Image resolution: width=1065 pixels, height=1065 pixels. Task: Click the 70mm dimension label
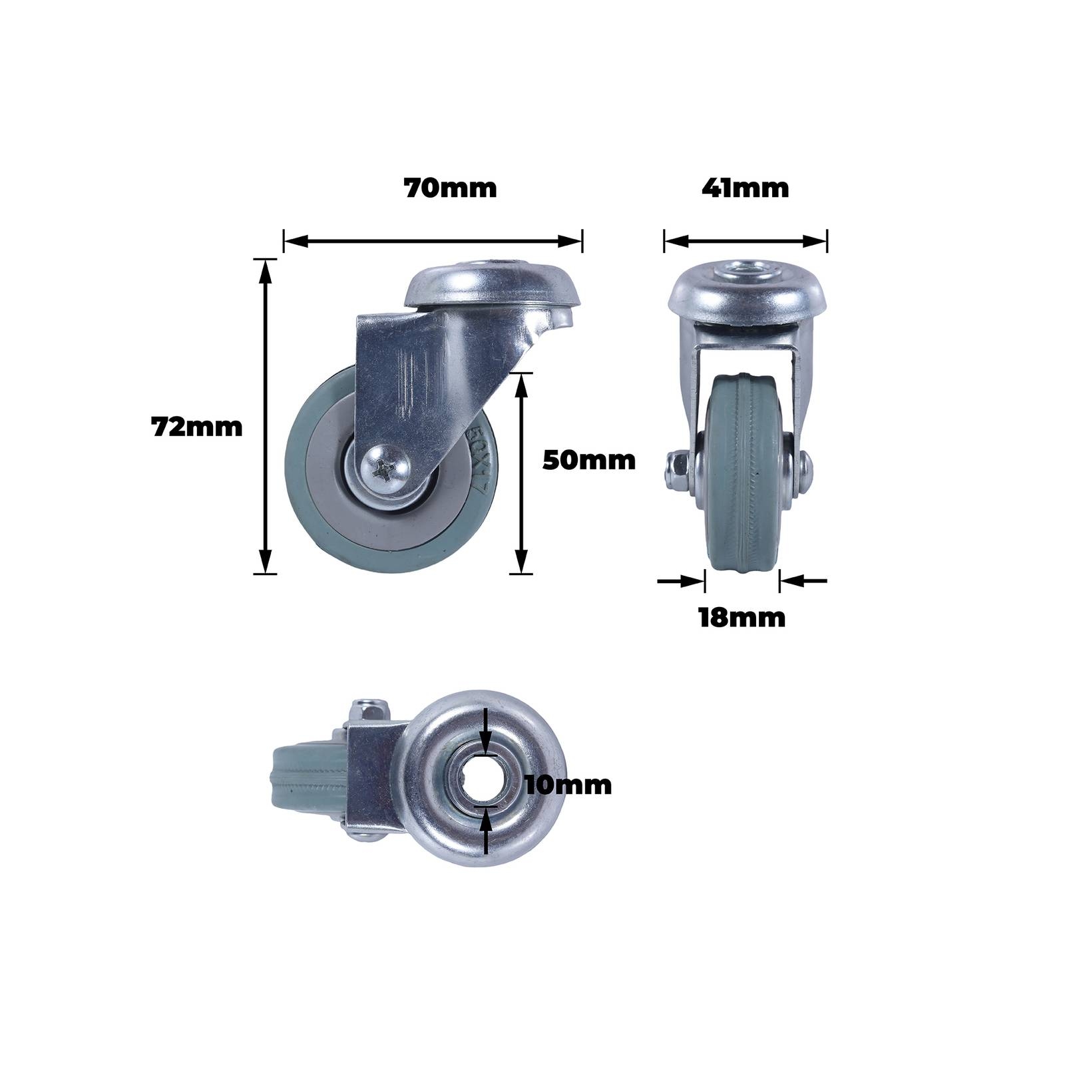tap(451, 188)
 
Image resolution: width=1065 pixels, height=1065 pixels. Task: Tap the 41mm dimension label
tap(745, 188)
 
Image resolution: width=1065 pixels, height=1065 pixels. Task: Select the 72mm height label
tap(197, 427)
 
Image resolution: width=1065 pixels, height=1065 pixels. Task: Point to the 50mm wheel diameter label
tap(589, 460)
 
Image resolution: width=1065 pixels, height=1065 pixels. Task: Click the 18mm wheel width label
tap(742, 618)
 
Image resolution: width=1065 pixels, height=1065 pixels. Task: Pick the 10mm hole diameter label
tap(568, 785)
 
